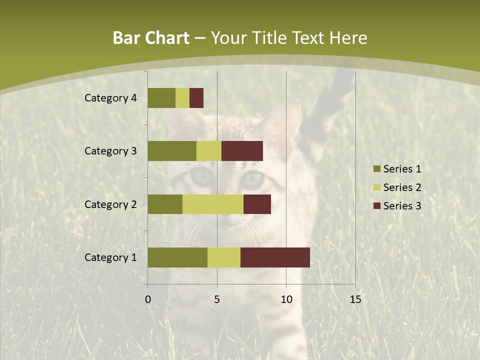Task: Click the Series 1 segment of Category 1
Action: tap(177, 257)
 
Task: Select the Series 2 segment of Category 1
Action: tap(224, 257)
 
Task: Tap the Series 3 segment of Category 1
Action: tap(275, 257)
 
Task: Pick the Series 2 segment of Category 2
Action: tap(213, 204)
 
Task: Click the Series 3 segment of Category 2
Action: tap(257, 204)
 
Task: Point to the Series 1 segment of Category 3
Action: tap(172, 151)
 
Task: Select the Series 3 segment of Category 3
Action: tap(242, 151)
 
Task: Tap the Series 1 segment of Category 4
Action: tap(161, 98)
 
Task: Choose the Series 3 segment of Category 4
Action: tap(196, 98)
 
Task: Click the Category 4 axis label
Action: tap(110, 98)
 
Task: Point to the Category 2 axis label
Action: tap(110, 204)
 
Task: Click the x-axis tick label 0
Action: tap(148, 299)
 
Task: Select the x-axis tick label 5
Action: tap(217, 299)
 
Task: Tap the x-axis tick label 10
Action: tap(286, 299)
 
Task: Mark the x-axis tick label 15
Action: tap(355, 299)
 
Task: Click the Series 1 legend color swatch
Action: tap(376, 169)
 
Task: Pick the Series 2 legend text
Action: tap(402, 187)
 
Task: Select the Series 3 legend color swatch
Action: tap(376, 205)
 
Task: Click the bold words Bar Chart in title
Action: tap(151, 38)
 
